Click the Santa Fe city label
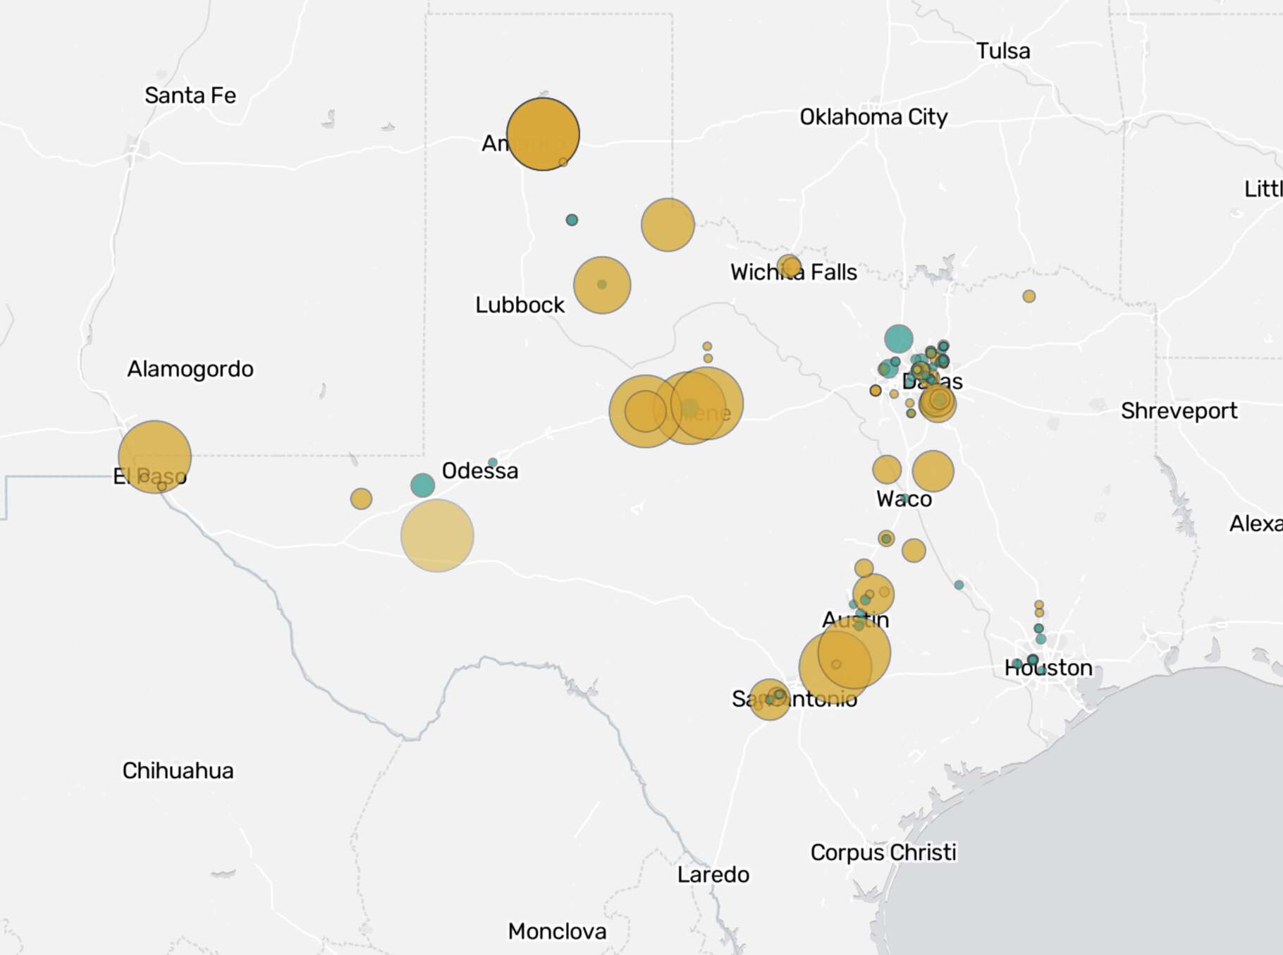190,95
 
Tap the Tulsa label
1002,51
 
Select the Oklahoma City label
873,116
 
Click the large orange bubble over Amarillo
543,134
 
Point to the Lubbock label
520,305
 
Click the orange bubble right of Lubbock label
602,285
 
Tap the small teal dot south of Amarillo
572,220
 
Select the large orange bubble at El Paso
154,456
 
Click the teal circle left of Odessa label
422,485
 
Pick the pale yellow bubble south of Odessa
437,535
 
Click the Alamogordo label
190,369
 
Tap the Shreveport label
1179,410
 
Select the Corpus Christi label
883,852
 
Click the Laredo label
713,875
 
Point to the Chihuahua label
178,770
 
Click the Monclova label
557,931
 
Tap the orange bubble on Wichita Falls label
790,267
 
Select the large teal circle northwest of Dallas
899,339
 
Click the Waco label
904,499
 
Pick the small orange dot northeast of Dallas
1029,296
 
